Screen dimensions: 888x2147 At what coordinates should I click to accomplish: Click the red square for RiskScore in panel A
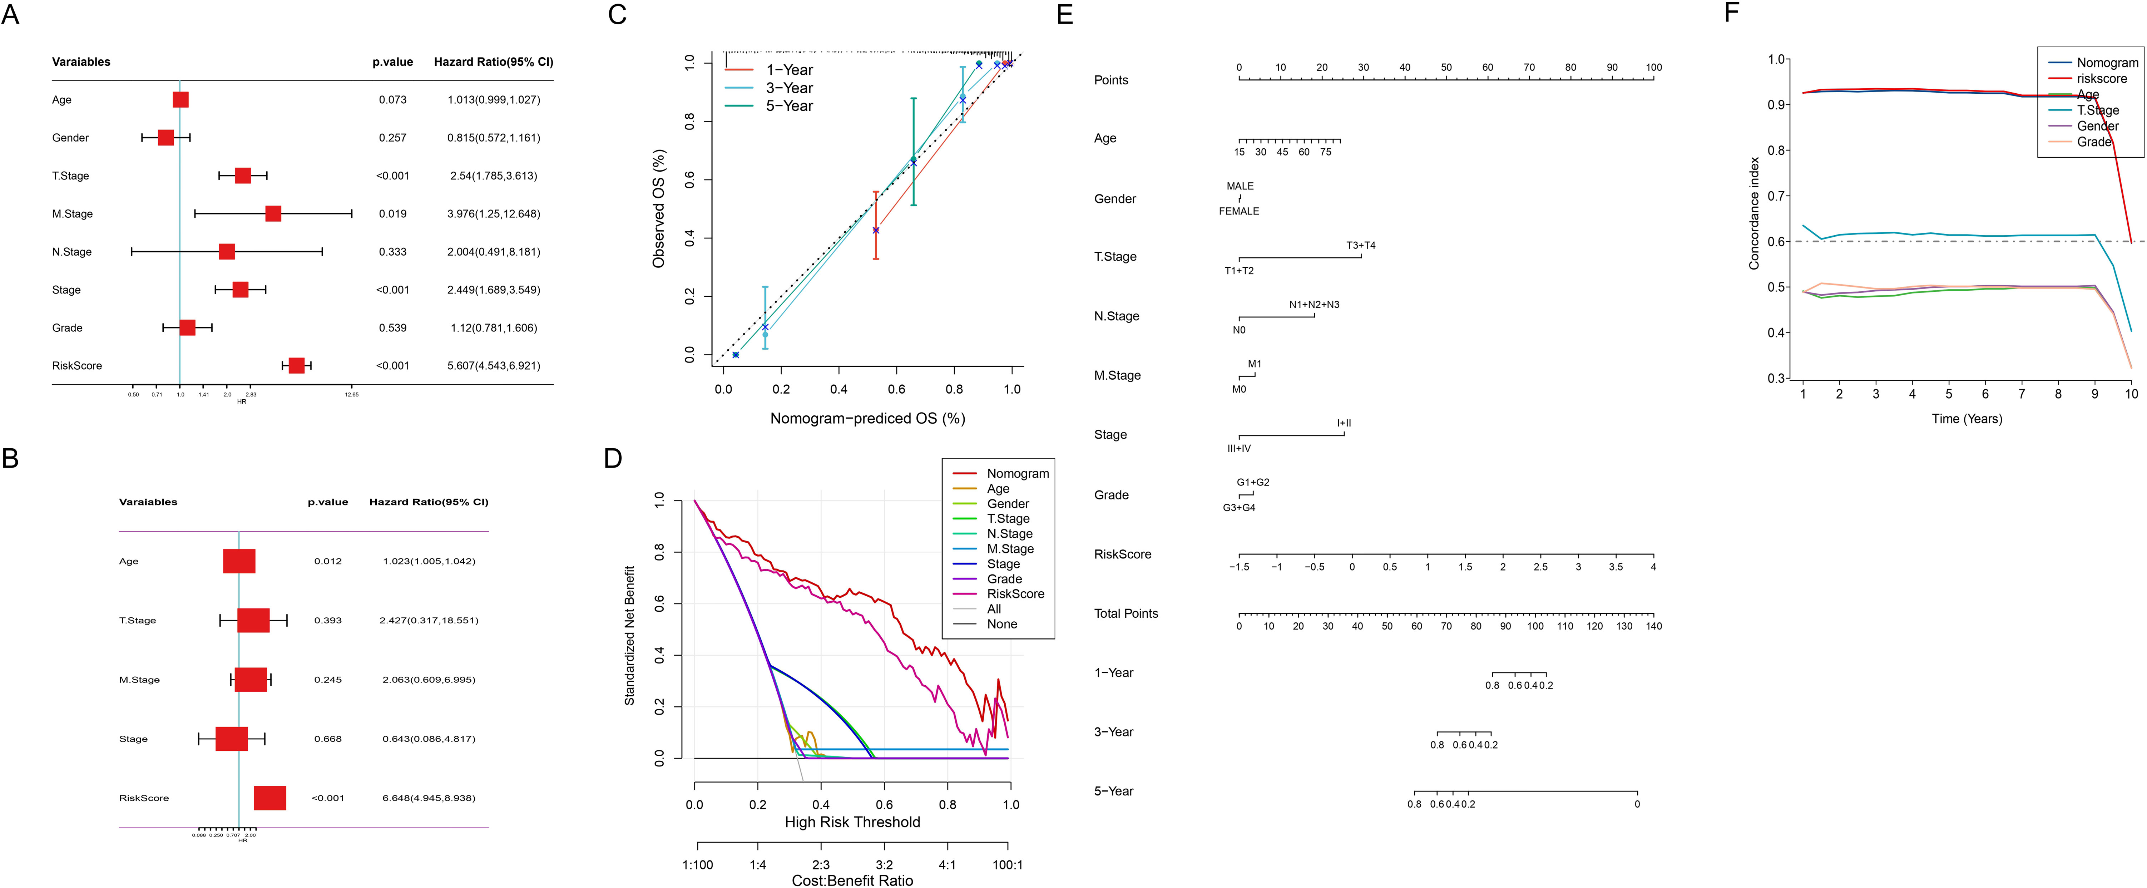(x=296, y=365)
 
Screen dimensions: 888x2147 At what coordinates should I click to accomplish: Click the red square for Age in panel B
(x=239, y=561)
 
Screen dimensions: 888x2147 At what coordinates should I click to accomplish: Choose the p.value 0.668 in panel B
(x=327, y=739)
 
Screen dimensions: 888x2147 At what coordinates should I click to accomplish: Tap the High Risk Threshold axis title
(x=852, y=822)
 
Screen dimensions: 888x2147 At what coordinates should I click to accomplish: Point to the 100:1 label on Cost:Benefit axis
(x=1007, y=865)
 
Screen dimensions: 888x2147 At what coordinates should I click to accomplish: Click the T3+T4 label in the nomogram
(x=1360, y=245)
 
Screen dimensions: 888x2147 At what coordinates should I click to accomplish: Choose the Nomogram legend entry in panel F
(x=2106, y=63)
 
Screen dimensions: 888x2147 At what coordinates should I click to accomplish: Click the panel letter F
(x=1732, y=13)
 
